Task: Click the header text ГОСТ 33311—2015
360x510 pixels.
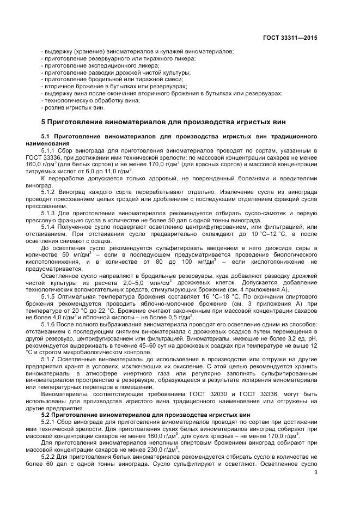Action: (x=291, y=38)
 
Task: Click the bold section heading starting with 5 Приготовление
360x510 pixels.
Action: (x=163, y=121)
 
